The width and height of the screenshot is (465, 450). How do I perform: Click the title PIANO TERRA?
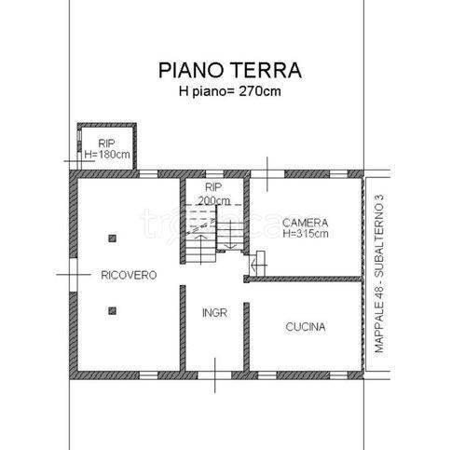click(230, 71)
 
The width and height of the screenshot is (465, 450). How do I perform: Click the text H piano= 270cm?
click(230, 93)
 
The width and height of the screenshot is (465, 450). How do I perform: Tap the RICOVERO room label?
click(129, 275)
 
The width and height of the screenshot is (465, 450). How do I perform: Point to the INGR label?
click(214, 313)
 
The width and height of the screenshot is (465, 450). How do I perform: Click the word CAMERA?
click(305, 223)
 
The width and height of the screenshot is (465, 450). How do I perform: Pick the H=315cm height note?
click(305, 235)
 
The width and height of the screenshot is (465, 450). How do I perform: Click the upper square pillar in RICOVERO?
click(112, 239)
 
